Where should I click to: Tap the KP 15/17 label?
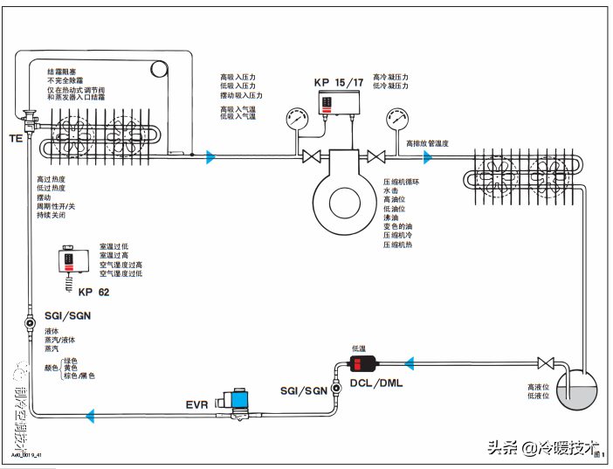tap(338, 82)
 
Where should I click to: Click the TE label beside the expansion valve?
tap(16, 138)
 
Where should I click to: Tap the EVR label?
tap(197, 404)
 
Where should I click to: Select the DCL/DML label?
tap(376, 383)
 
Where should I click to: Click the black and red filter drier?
tap(362, 362)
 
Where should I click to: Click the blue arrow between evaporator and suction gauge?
tap(210, 157)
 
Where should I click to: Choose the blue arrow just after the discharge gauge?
tap(428, 157)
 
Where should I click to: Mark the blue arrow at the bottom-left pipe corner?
tap(90, 416)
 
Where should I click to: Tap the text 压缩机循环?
tap(402, 182)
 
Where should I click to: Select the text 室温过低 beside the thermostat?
tap(114, 246)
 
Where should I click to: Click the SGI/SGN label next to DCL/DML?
tap(303, 390)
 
